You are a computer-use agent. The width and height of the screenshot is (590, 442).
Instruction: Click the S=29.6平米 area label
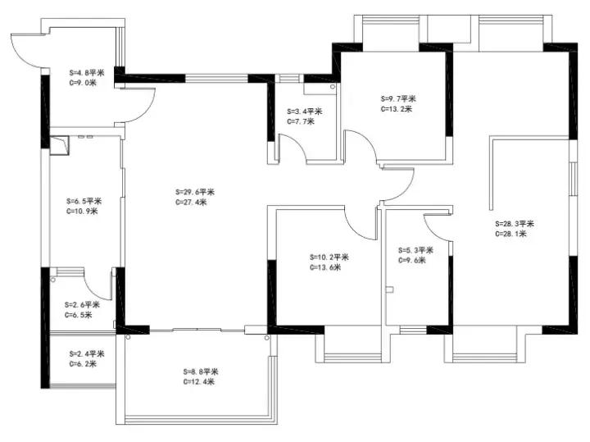[x=195, y=192]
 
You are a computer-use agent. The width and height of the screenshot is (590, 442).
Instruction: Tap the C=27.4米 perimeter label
[x=191, y=203]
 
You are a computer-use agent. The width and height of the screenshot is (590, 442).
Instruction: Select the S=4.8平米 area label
[x=87, y=73]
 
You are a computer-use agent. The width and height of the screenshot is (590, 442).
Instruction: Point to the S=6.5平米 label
[x=84, y=201]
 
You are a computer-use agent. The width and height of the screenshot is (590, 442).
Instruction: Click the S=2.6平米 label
[x=82, y=304]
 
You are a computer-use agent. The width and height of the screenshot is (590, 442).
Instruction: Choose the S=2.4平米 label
[x=87, y=354]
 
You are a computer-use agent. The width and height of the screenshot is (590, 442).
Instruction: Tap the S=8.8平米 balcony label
[x=201, y=371]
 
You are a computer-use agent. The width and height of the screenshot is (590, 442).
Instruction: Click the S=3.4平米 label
[x=305, y=112]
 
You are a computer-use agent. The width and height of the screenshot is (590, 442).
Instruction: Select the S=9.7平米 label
[x=398, y=98]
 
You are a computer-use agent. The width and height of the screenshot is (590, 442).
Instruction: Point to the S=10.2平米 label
[x=329, y=257]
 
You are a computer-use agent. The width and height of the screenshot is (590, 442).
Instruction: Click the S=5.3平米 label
[x=415, y=250]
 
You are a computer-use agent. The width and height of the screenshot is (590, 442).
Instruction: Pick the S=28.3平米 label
[x=515, y=224]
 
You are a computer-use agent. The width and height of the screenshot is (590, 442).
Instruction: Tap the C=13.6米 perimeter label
[x=325, y=267]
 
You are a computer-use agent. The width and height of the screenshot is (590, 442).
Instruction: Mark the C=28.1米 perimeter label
[x=511, y=234]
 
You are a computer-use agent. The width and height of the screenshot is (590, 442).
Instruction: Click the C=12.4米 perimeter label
[x=199, y=382]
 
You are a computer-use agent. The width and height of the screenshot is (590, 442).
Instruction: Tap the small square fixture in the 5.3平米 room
[x=390, y=289]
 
